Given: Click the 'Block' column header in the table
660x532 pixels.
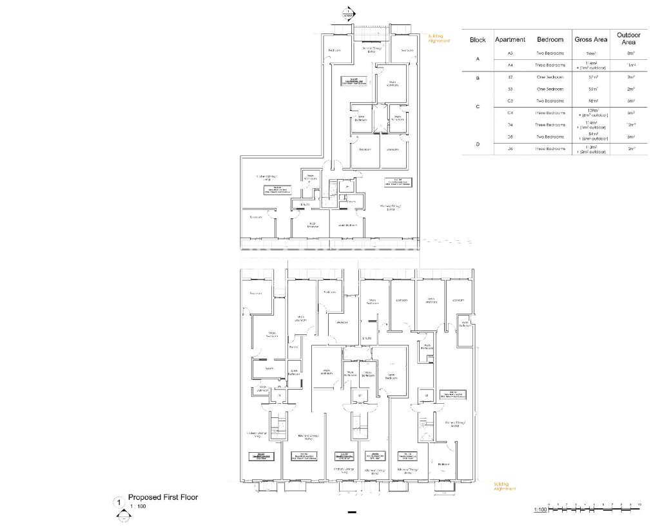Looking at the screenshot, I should (x=478, y=39).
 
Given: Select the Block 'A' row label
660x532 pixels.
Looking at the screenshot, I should (x=478, y=59).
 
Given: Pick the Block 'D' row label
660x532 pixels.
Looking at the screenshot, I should (x=478, y=144).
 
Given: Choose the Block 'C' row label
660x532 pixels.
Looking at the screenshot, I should (x=478, y=107).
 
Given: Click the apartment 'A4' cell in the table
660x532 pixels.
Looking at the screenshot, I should (x=510, y=65).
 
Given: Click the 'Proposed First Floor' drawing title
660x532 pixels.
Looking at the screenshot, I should (x=163, y=497).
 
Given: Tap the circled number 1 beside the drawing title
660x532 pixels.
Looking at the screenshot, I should (x=118, y=502).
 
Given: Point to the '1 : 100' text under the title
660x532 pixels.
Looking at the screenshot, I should (x=137, y=507).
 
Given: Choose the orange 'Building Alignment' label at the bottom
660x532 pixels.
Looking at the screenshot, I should (x=505, y=486).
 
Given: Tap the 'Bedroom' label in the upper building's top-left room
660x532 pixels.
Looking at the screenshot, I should (x=334, y=50).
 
